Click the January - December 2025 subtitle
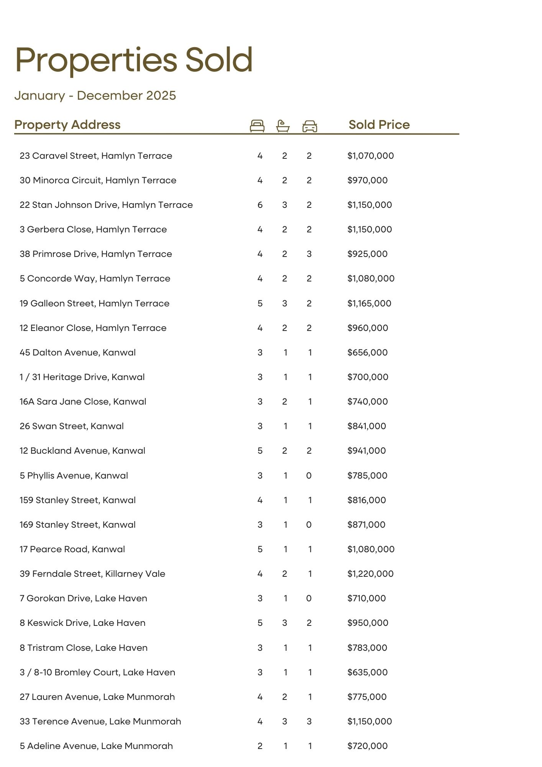click(x=95, y=95)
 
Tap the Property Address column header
click(x=67, y=125)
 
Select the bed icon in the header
click(x=257, y=126)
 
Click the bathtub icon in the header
click(x=283, y=126)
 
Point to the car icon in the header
click(x=310, y=126)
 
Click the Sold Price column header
click(x=379, y=125)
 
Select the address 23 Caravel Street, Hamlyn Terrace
click(x=96, y=156)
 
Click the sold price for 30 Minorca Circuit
click(x=368, y=180)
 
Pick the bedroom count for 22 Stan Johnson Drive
click(x=260, y=205)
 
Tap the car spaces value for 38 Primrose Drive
click(x=309, y=254)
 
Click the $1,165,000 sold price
click(x=370, y=303)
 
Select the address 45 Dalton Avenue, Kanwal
click(x=78, y=352)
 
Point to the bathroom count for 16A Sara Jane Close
click(x=284, y=402)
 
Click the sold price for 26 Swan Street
click(x=367, y=426)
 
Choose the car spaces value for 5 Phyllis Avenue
click(x=309, y=476)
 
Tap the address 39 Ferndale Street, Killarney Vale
click(x=92, y=574)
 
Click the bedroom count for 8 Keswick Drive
click(x=260, y=623)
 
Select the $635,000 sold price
click(x=368, y=672)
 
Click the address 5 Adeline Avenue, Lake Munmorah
click(x=96, y=746)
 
